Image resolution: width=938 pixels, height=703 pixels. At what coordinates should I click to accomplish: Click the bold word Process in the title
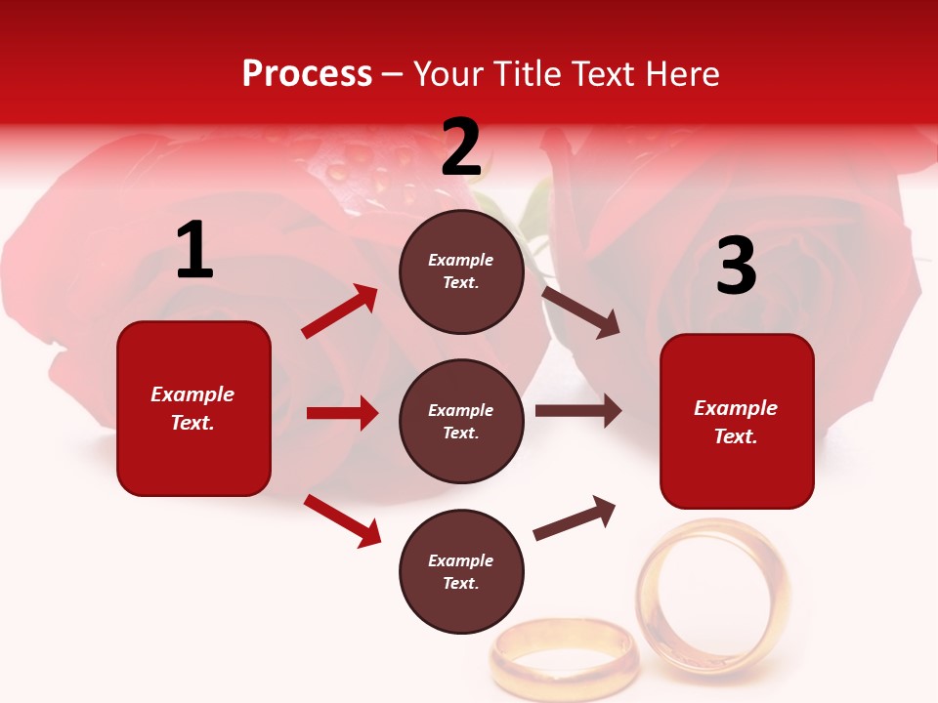tap(307, 74)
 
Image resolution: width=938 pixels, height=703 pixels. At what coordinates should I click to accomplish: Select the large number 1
tap(194, 251)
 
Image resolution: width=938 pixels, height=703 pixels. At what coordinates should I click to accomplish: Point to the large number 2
tap(461, 147)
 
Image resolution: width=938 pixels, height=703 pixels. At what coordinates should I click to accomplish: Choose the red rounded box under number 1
tap(193, 408)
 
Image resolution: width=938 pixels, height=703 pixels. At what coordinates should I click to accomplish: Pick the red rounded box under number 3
tap(737, 421)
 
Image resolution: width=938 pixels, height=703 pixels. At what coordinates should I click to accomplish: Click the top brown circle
tap(461, 271)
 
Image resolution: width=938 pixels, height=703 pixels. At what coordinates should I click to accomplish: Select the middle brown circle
tap(461, 422)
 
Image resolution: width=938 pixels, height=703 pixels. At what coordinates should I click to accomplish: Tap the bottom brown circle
tap(461, 572)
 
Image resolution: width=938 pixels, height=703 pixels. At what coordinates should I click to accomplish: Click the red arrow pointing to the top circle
tap(340, 311)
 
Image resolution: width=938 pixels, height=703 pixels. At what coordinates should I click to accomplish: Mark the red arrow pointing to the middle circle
tap(342, 413)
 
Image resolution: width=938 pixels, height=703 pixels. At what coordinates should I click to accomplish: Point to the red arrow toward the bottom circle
tap(342, 520)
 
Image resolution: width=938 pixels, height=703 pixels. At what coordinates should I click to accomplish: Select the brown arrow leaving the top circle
tap(580, 311)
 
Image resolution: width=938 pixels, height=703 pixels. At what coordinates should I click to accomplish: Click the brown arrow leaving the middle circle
tap(577, 411)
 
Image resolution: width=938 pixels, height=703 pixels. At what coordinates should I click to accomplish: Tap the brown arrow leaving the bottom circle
tap(575, 518)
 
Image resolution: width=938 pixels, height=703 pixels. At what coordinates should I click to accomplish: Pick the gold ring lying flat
tap(565, 655)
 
